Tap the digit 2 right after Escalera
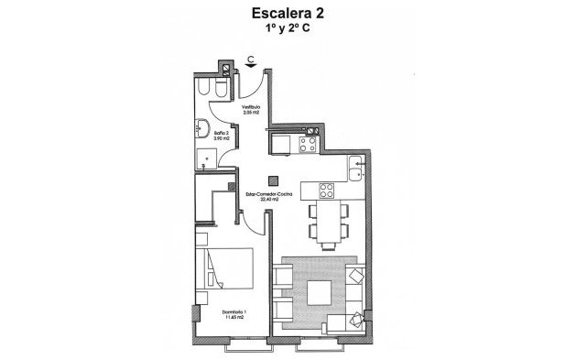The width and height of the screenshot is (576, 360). pos(321,13)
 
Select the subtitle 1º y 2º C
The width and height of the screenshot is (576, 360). pos(288,29)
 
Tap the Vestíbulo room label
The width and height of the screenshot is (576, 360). pos(252,105)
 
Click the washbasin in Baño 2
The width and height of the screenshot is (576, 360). pos(202,127)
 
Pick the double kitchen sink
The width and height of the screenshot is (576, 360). pos(356,170)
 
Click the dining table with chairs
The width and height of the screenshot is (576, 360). pos(327,221)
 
